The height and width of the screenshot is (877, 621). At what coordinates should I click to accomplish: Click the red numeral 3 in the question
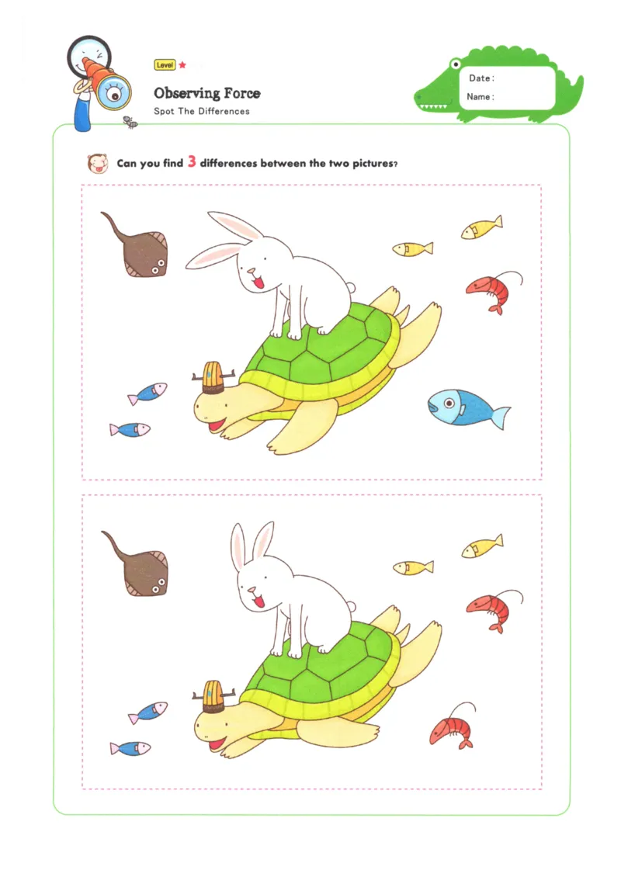pyautogui.click(x=192, y=163)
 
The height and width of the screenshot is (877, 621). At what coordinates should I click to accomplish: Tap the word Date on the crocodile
pyautogui.click(x=480, y=78)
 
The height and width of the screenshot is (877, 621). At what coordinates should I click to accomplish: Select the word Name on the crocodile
pyautogui.click(x=480, y=97)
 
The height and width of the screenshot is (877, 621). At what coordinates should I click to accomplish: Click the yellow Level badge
pyautogui.click(x=165, y=65)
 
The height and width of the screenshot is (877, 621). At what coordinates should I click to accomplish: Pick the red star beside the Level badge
pyautogui.click(x=182, y=65)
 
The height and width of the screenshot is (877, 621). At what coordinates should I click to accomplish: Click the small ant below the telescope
pyautogui.click(x=130, y=122)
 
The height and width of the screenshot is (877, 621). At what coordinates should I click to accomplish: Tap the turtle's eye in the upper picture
pyautogui.click(x=206, y=404)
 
